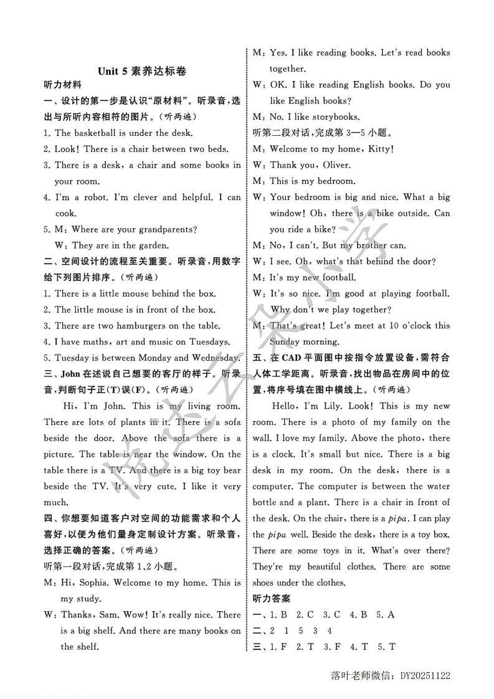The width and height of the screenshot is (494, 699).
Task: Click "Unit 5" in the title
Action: [x=113, y=71]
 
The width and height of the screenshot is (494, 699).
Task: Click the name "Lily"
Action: [x=336, y=406]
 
